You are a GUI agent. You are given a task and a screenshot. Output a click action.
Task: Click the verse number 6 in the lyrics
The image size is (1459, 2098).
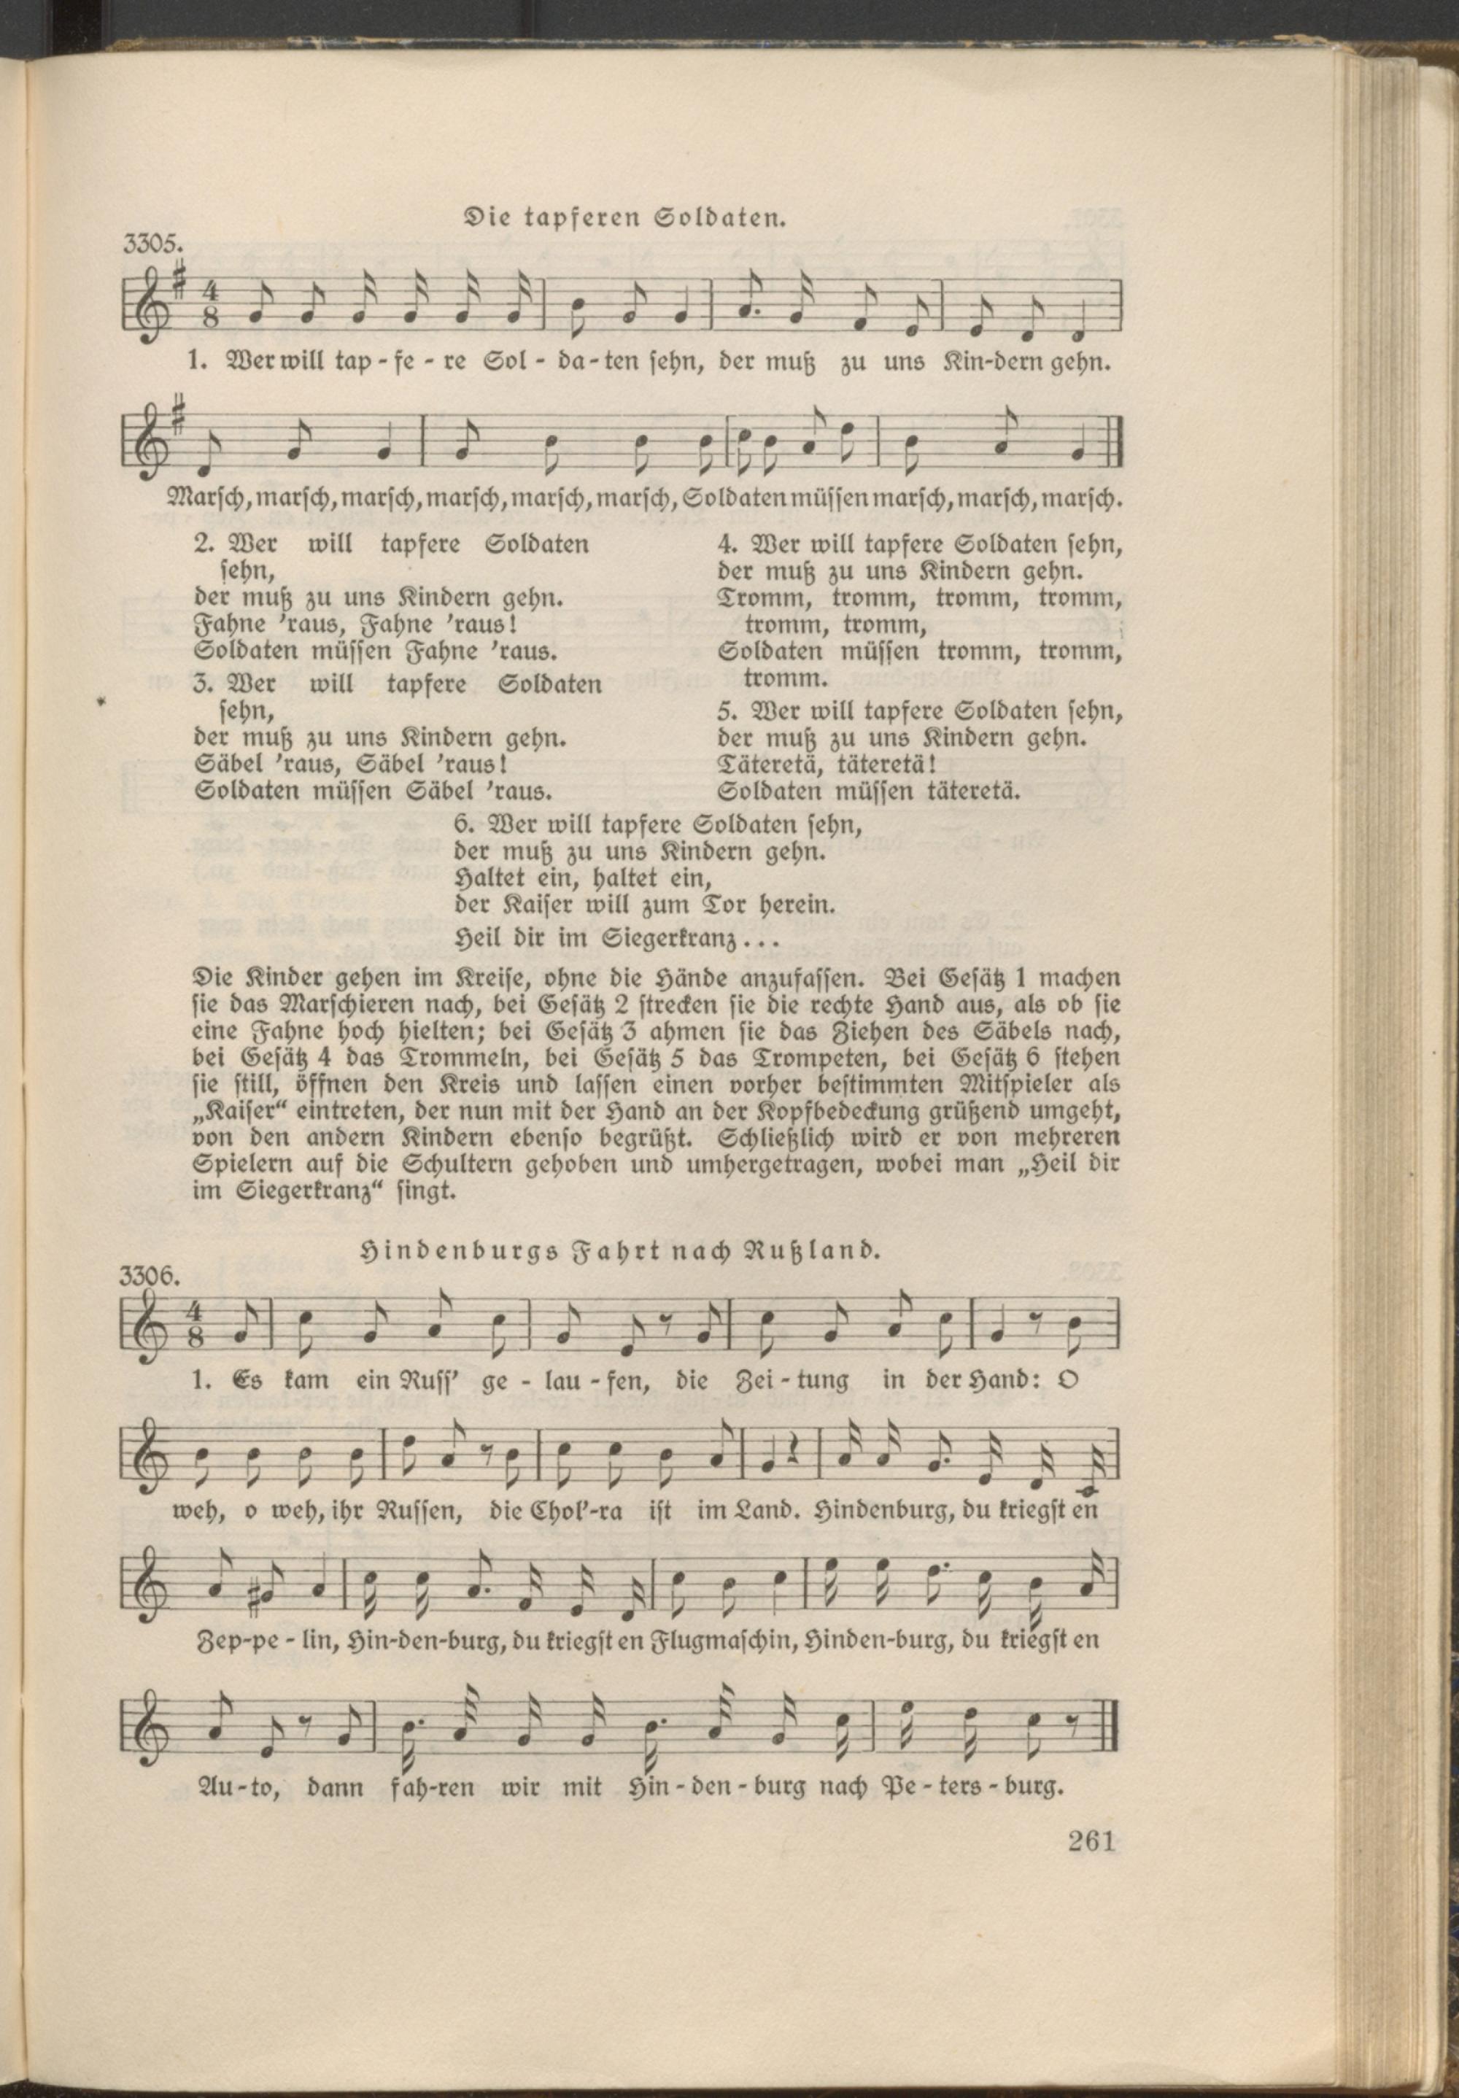tap(461, 824)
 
